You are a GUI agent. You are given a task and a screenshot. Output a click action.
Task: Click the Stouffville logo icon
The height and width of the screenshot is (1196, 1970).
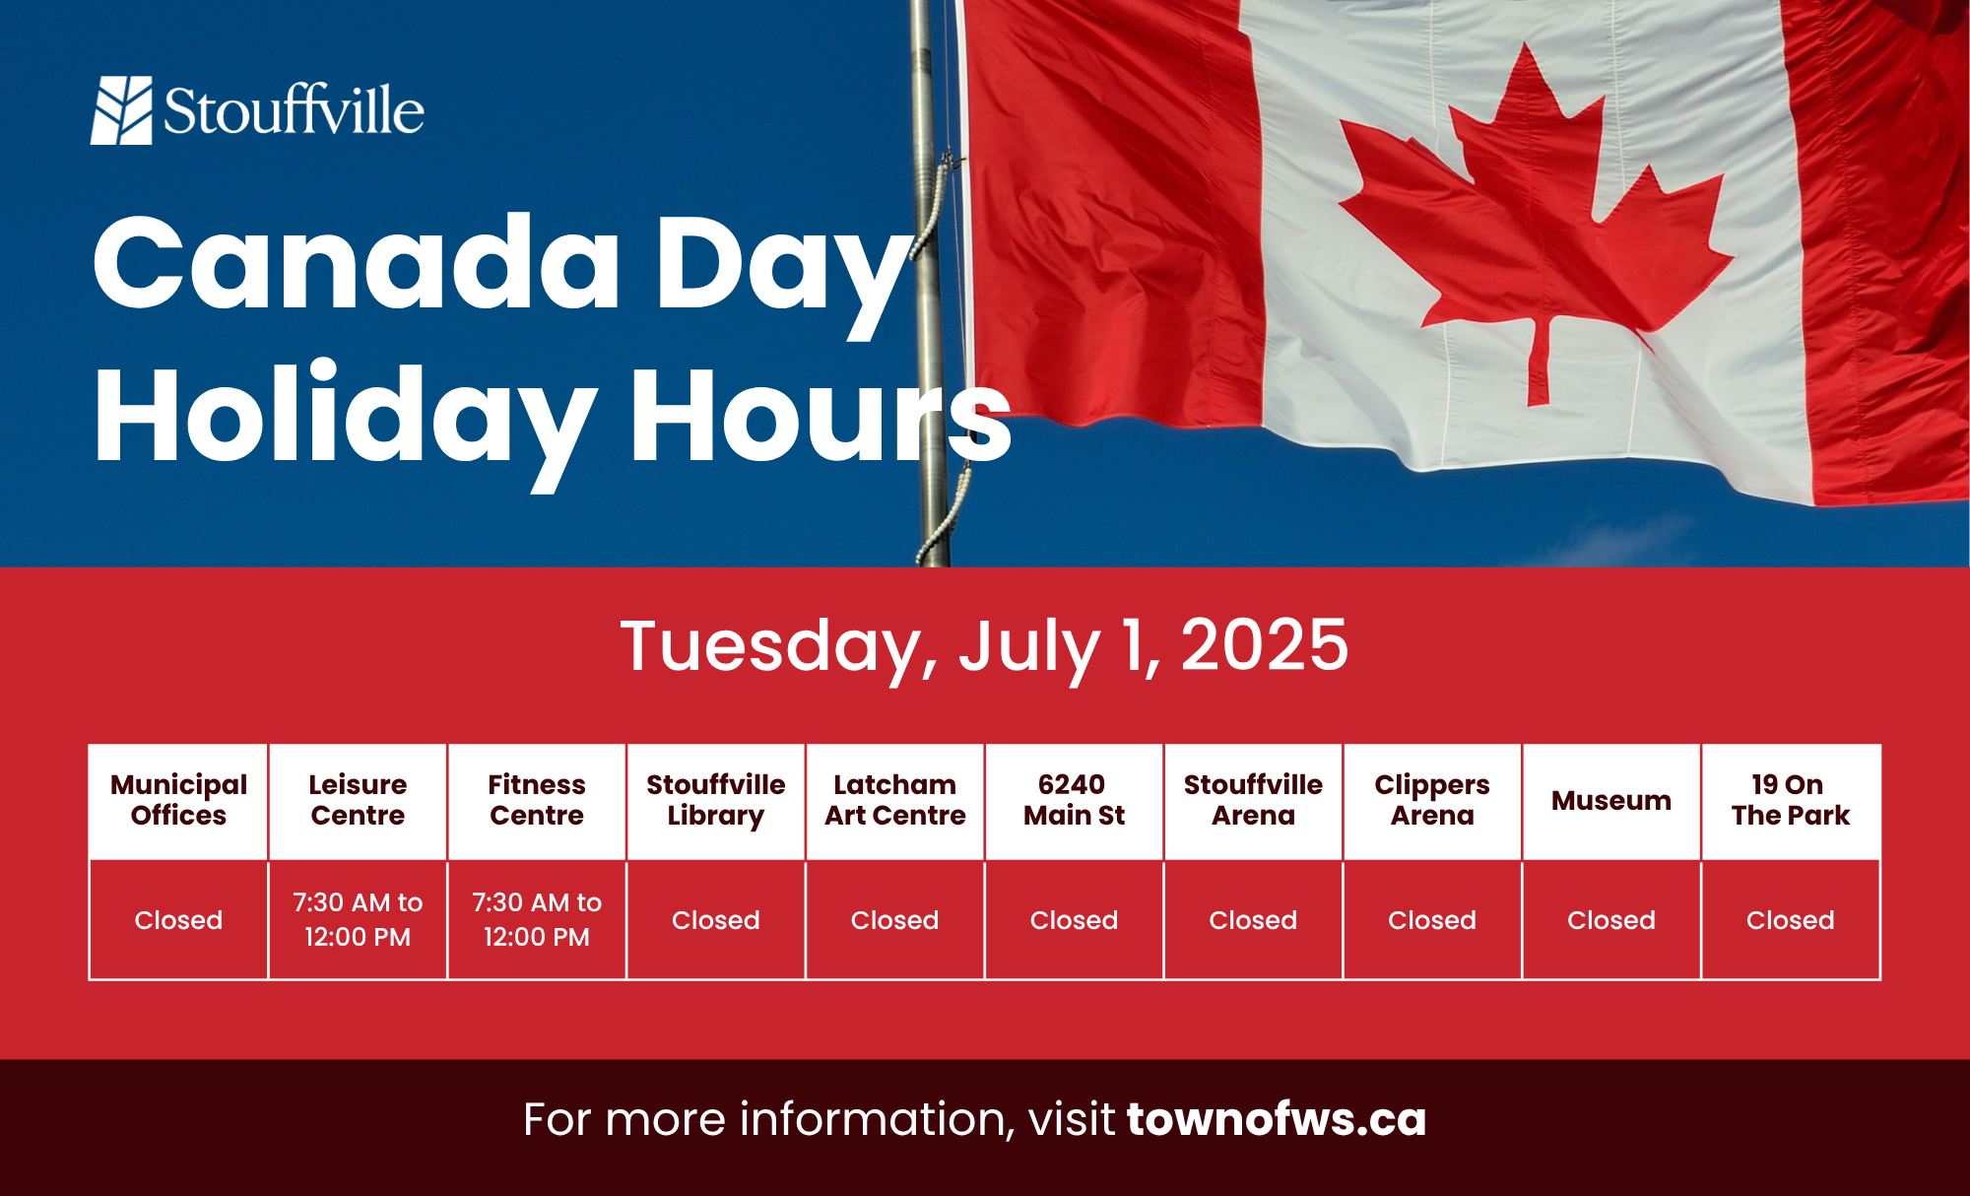[x=122, y=110]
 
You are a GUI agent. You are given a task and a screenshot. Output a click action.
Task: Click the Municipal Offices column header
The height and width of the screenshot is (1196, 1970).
[x=178, y=800]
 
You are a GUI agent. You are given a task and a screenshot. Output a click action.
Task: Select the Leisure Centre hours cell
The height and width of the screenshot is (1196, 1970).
[x=358, y=919]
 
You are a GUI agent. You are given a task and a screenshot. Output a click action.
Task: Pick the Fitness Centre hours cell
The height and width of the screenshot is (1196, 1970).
[x=537, y=919]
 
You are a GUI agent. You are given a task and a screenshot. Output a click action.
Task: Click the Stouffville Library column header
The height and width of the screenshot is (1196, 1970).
[x=716, y=800]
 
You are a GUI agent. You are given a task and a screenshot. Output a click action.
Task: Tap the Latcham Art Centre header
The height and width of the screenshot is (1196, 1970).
[x=895, y=800]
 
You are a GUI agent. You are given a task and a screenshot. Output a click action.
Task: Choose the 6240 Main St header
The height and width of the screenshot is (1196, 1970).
[x=1074, y=800]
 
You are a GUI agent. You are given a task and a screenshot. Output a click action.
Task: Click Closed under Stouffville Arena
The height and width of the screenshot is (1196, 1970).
[x=1253, y=920]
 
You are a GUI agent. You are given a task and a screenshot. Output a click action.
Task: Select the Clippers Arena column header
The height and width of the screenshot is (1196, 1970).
[x=1432, y=800]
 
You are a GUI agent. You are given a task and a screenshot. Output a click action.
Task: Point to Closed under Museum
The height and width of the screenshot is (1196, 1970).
[x=1611, y=920]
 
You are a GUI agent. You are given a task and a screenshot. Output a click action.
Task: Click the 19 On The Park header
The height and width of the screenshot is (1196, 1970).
[x=1791, y=800]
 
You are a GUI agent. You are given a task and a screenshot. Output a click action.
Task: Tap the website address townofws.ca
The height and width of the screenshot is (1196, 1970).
[x=1277, y=1119]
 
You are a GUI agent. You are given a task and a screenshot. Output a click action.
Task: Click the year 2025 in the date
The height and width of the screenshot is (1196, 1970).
[x=1265, y=645]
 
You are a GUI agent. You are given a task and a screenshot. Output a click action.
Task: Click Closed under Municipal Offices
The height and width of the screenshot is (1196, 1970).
[x=178, y=920]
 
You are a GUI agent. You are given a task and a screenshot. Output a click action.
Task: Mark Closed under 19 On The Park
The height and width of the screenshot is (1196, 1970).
[x=1791, y=920]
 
